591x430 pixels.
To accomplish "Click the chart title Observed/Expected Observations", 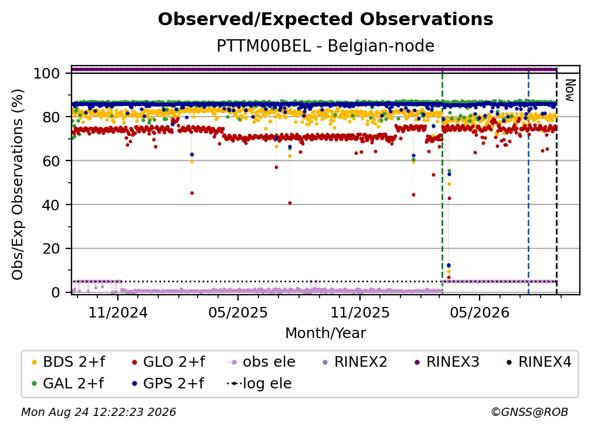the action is [325, 19].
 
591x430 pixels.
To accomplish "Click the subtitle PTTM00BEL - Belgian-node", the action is [325, 46].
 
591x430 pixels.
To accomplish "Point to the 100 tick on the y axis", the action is [47, 73].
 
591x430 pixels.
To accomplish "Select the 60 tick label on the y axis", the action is [51, 161].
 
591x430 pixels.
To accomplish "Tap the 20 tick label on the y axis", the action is [51, 248].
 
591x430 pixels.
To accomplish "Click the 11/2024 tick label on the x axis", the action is [118, 312].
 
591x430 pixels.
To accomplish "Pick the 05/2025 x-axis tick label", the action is [238, 312].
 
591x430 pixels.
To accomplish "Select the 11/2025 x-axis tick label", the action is [360, 312].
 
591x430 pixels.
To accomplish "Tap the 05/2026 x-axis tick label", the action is [480, 312].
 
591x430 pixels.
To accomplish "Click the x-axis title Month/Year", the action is [325, 333].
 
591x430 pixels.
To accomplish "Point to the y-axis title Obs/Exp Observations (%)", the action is [18, 185].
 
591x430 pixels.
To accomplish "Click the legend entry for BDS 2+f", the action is [68, 362].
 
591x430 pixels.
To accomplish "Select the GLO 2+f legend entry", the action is [168, 362].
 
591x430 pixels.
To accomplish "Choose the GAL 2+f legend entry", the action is [67, 384].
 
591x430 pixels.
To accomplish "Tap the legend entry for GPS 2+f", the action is [168, 384].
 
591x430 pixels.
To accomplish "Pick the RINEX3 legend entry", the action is [447, 362].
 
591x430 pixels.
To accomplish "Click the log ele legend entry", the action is [259, 384].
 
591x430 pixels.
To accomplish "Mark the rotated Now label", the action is [570, 90].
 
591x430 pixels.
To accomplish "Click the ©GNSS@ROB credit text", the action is [529, 412].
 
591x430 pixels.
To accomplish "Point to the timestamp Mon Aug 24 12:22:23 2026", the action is [98, 412].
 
